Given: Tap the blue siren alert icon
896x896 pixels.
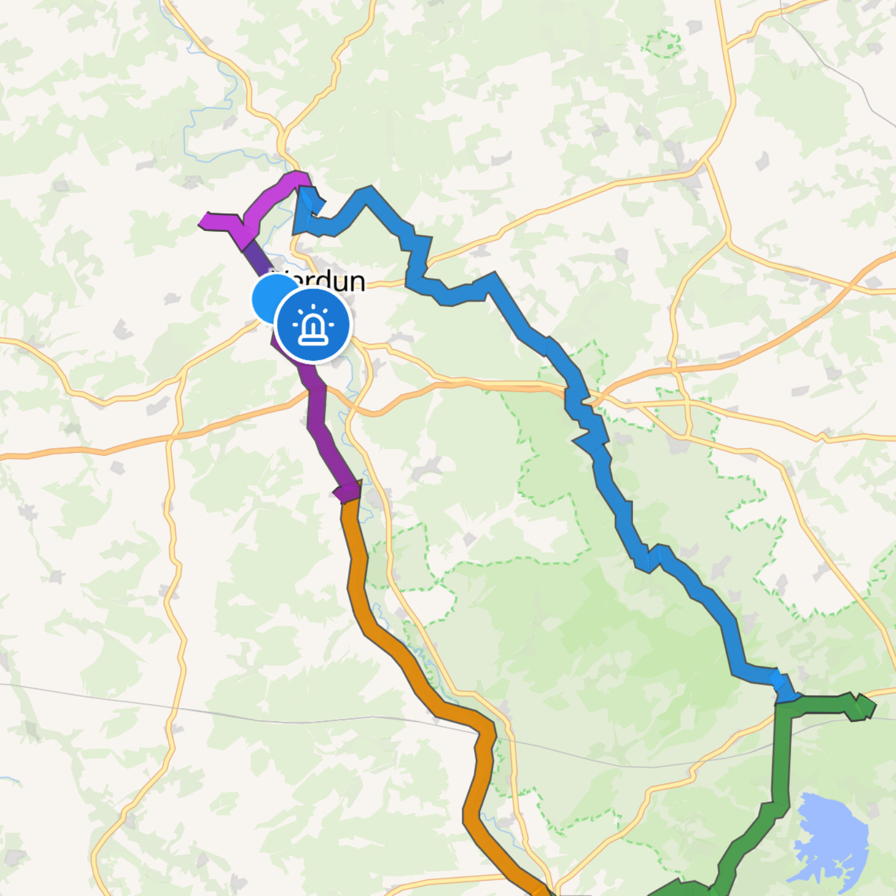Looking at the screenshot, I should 313,325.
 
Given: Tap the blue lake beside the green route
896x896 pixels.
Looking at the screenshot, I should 830,836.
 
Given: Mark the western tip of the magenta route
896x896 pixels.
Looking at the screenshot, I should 203,222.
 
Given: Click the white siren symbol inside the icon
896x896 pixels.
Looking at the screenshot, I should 313,326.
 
